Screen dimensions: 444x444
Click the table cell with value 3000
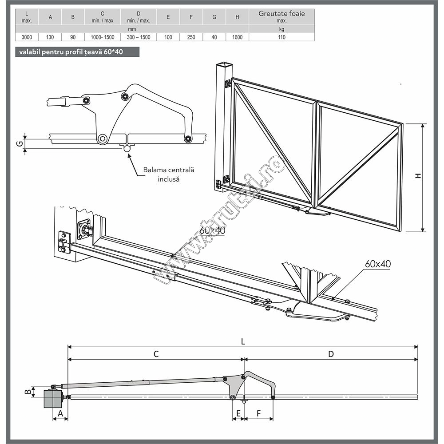(x=27, y=37)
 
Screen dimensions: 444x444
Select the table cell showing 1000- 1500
(x=102, y=37)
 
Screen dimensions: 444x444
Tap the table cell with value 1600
(x=237, y=37)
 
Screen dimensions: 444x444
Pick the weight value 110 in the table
(x=281, y=37)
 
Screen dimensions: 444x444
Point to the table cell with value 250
(x=191, y=37)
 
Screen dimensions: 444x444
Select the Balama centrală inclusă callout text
(x=162, y=174)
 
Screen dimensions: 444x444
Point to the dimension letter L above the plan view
(x=243, y=341)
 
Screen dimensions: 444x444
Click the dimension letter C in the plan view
(x=156, y=354)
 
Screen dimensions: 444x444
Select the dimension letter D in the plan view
(x=331, y=354)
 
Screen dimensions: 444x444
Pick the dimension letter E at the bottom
(x=238, y=412)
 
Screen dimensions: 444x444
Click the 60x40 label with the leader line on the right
(x=378, y=264)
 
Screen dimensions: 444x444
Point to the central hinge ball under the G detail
(x=127, y=150)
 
